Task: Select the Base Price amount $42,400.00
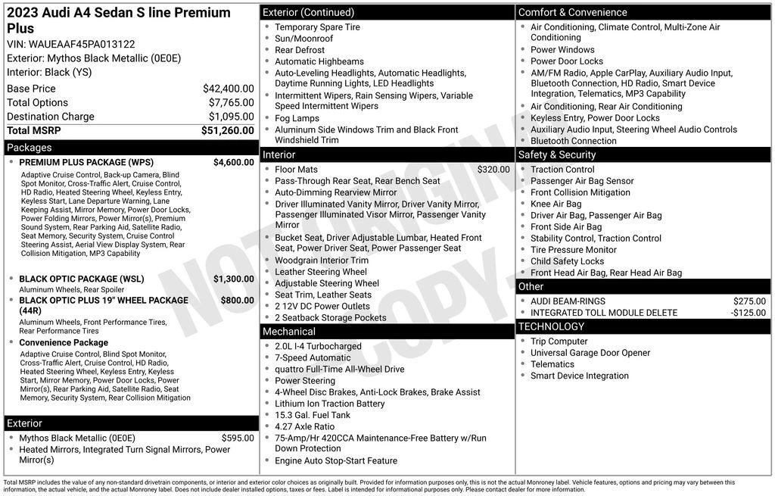(x=228, y=89)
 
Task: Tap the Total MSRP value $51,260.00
(x=227, y=130)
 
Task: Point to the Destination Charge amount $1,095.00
(x=231, y=117)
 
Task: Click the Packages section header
(x=30, y=148)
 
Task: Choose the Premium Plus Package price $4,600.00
(x=233, y=162)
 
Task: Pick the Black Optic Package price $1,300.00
(x=233, y=279)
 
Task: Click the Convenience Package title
(x=64, y=342)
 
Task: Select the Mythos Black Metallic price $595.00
(x=238, y=438)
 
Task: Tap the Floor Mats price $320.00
(x=493, y=170)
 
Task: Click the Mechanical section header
(x=288, y=332)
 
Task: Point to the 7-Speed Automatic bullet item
(x=313, y=357)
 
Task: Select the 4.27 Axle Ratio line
(x=304, y=426)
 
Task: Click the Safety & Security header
(x=557, y=154)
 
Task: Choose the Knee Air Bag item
(x=556, y=204)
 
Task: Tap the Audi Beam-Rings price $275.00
(x=749, y=301)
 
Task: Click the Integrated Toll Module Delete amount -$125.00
(x=748, y=313)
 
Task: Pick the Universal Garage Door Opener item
(x=590, y=353)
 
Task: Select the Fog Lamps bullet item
(x=297, y=118)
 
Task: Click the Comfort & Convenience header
(x=572, y=12)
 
